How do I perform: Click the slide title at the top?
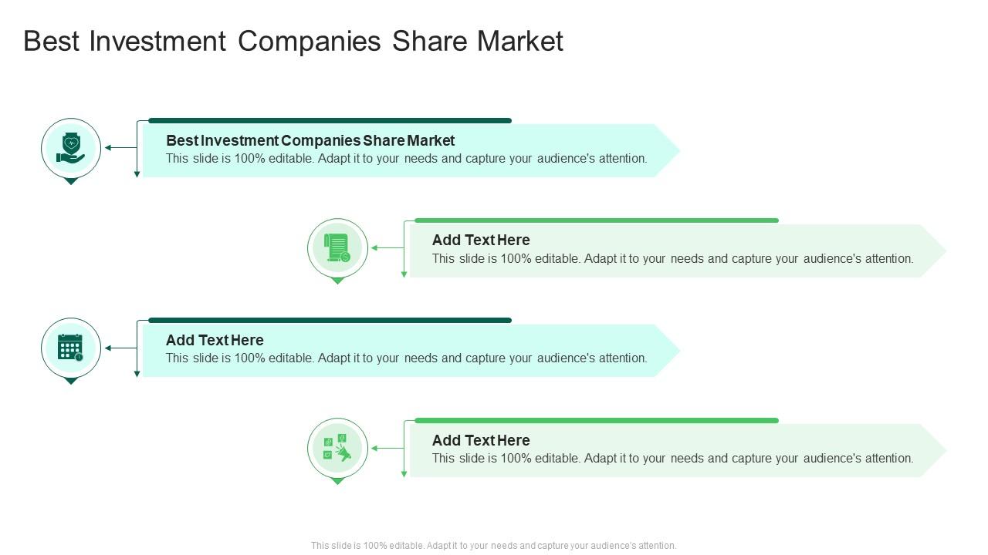[x=293, y=41]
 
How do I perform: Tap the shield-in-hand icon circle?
[x=71, y=148]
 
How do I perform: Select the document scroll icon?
[x=337, y=248]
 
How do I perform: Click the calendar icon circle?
[x=71, y=348]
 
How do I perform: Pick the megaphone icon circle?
[x=337, y=448]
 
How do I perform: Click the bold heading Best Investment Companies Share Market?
[x=310, y=140]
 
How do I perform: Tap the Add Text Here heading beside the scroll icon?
[x=481, y=240]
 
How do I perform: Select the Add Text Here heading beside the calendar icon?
[x=215, y=340]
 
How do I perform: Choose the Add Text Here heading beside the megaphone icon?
[x=481, y=440]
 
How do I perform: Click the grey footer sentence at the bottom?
[x=494, y=545]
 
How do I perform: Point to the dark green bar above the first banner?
[x=330, y=120]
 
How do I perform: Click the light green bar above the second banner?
[x=596, y=220]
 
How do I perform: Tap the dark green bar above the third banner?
[x=330, y=320]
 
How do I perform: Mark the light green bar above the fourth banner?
[x=596, y=420]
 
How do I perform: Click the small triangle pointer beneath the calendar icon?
[x=71, y=381]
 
